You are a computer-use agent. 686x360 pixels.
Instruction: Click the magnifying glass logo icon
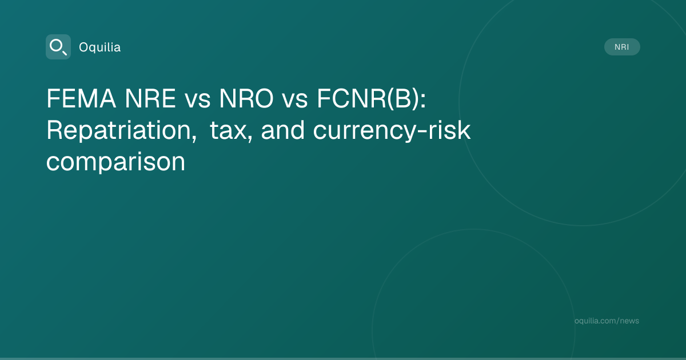[x=58, y=47]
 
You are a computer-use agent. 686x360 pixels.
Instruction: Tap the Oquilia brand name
[x=100, y=47]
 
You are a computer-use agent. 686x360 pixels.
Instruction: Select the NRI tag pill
[x=622, y=47]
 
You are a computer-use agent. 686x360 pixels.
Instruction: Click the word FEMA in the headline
[x=81, y=98]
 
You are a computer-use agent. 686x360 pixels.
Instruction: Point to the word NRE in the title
[x=150, y=98]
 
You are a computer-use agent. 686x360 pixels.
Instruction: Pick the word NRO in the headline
[x=246, y=98]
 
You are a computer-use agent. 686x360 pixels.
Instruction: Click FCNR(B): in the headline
[x=371, y=98]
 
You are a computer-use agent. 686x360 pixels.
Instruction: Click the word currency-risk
[x=392, y=131]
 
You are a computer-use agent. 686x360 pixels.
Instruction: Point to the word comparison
[x=115, y=162]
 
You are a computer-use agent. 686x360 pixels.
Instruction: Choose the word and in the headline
[x=282, y=130]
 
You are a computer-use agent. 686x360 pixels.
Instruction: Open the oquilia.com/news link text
[x=607, y=321]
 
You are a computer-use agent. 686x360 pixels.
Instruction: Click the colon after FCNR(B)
[x=423, y=100]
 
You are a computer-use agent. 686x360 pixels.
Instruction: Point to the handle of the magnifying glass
[x=64, y=53]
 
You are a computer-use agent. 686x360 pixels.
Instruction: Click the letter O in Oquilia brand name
[x=83, y=47]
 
